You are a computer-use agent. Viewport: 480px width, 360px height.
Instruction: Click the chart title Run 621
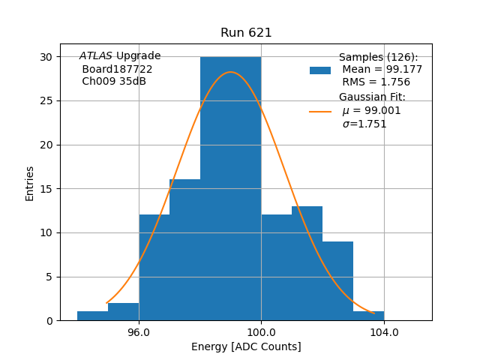click(x=246, y=33)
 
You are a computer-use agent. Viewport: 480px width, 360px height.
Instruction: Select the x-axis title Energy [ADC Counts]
click(x=246, y=346)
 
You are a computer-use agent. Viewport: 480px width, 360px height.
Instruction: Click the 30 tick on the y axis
click(x=46, y=57)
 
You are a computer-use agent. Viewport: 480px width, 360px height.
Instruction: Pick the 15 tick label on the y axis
click(x=46, y=189)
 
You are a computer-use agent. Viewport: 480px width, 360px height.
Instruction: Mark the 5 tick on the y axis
click(x=49, y=277)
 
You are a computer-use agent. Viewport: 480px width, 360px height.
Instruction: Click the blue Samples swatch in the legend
click(x=320, y=70)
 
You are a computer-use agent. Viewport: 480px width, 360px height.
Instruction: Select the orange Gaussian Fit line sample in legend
click(x=320, y=111)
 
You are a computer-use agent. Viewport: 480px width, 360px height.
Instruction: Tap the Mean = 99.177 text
click(x=382, y=70)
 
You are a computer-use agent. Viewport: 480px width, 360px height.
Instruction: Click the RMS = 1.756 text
click(x=376, y=82)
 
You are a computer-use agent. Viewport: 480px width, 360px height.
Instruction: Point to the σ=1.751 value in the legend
click(x=364, y=124)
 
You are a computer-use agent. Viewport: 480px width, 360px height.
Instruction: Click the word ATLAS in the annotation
click(x=95, y=56)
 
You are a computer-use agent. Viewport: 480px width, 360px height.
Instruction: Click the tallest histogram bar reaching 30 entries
click(x=230, y=187)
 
